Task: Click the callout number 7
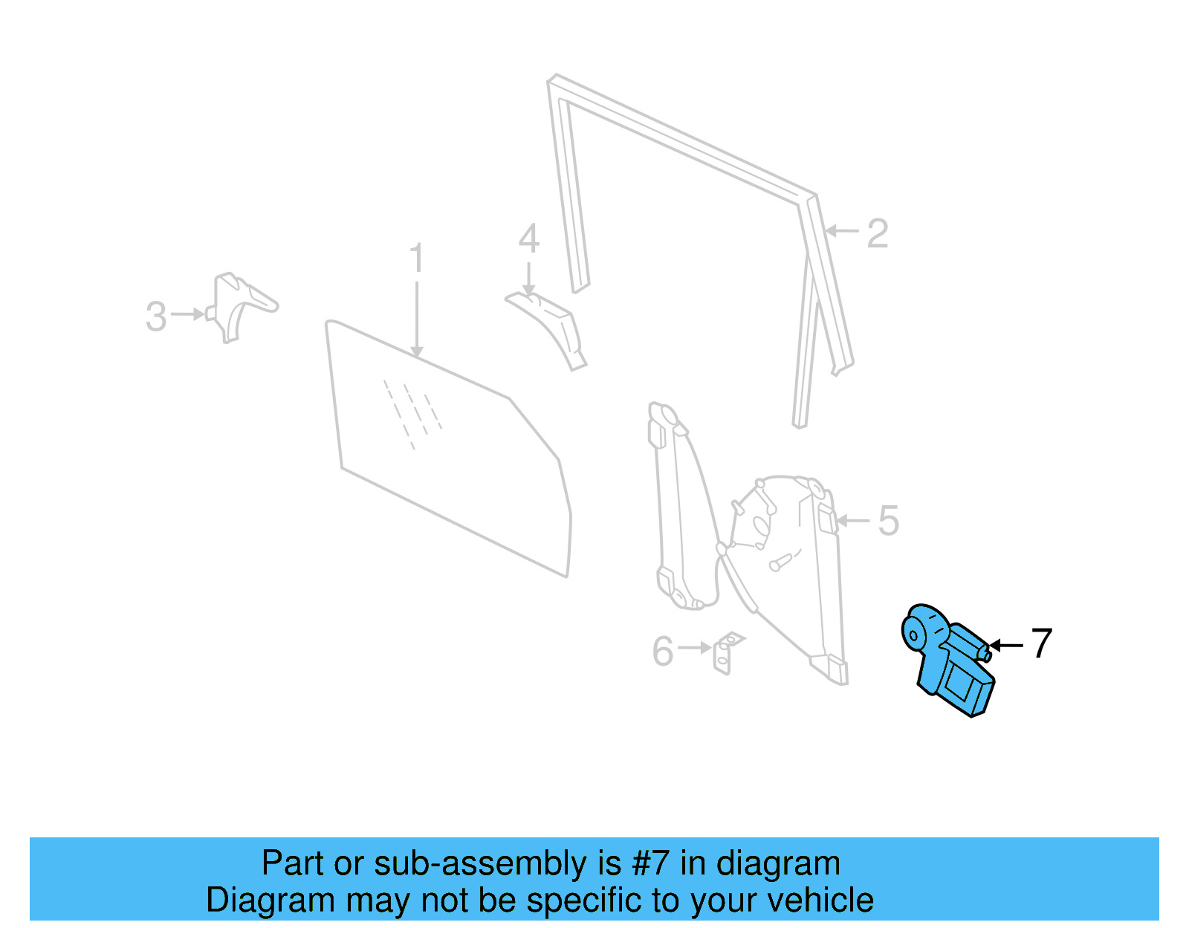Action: point(1042,643)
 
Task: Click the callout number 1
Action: point(416,258)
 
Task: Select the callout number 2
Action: point(877,233)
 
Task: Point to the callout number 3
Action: point(155,317)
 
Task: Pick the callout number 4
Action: point(528,239)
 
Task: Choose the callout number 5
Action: point(888,521)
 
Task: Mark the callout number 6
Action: point(662,652)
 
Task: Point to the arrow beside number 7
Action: point(1006,645)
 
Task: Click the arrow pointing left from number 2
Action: point(843,231)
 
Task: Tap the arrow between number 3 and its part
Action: point(188,314)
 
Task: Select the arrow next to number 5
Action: point(853,521)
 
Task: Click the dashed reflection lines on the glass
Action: point(412,412)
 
